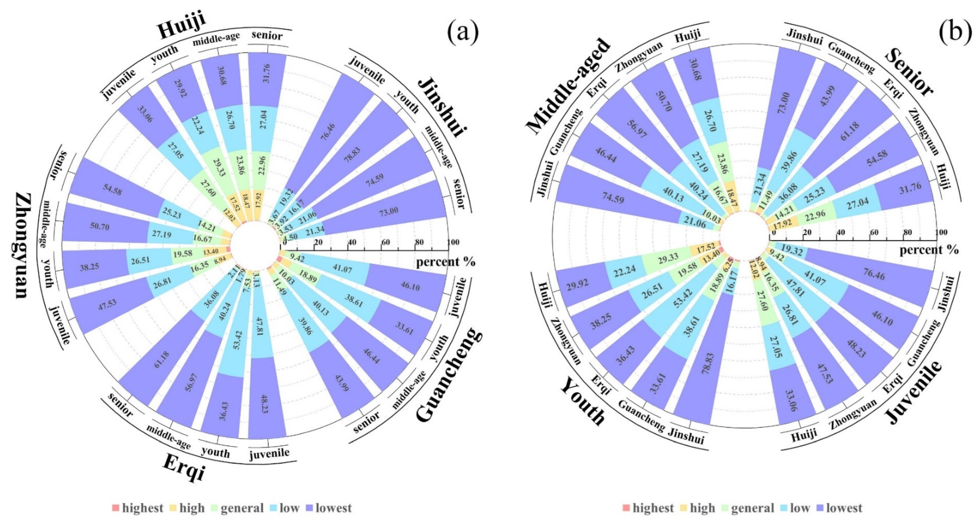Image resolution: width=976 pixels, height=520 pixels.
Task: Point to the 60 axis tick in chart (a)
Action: [x=385, y=242]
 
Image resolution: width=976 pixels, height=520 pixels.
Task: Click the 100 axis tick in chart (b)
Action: [x=941, y=232]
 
